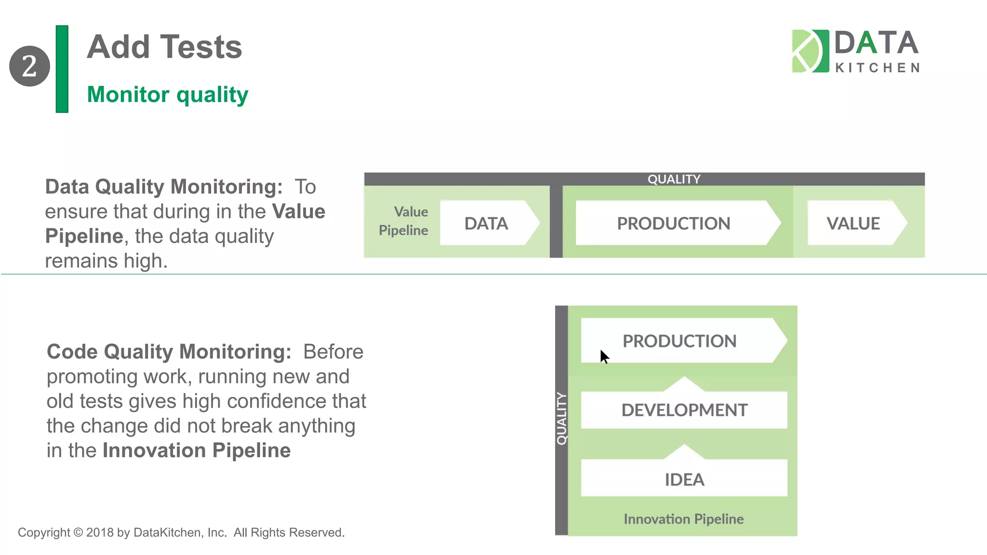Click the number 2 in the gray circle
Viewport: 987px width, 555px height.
coord(29,66)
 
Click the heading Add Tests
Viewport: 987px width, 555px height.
coord(164,47)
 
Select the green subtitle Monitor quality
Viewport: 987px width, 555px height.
coord(167,94)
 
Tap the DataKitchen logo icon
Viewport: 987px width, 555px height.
coord(810,51)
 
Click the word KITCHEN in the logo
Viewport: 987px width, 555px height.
coord(877,68)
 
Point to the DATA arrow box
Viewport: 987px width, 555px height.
coord(487,223)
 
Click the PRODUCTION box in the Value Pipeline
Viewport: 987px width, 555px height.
coord(673,223)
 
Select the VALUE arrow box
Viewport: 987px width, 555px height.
coord(853,223)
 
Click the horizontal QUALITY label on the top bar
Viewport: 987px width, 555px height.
coord(674,179)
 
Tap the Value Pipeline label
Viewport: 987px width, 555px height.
coord(404,221)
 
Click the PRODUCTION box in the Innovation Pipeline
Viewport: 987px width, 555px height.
coord(680,341)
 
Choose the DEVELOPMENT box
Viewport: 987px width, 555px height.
coord(684,410)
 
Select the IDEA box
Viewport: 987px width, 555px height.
coord(684,479)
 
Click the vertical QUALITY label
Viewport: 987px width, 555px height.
coord(561,418)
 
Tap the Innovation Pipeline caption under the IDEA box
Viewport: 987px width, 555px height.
coord(683,519)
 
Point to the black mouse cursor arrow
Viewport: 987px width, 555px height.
coord(604,357)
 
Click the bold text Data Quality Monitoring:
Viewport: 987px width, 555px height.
coord(164,187)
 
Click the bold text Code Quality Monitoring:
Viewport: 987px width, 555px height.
coord(169,352)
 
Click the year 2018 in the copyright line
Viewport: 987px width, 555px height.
coord(100,532)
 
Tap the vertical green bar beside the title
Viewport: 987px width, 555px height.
coord(62,69)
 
